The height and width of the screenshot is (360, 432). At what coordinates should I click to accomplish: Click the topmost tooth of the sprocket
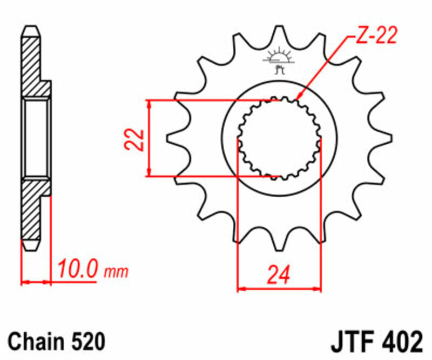coord(279,34)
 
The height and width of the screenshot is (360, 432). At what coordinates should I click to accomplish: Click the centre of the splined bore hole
coord(279,138)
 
